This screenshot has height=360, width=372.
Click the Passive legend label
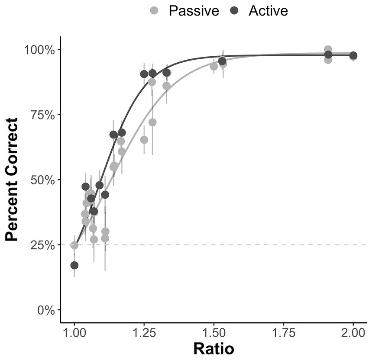194,10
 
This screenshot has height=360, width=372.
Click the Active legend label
268,10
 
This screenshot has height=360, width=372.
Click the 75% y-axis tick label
43,115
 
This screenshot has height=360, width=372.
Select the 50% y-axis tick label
43,180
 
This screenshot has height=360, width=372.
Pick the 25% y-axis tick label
43,245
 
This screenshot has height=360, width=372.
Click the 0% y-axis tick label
46,310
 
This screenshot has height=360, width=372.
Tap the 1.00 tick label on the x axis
74,333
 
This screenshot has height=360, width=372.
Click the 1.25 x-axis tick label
144,333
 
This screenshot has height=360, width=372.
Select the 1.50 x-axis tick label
213,333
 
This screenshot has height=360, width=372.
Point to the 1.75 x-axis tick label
283,333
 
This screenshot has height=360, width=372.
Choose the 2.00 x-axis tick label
353,333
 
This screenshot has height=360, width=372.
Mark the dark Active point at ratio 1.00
74,265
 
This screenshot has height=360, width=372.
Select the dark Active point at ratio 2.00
353,55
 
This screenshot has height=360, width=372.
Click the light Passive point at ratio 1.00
74,245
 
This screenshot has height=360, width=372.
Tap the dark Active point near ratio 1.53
222,61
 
